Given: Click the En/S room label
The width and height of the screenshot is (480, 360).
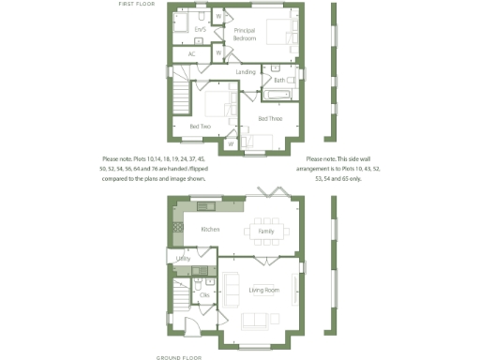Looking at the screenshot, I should [x=199, y=30].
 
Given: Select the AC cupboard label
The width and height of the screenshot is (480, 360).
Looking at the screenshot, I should [x=191, y=54].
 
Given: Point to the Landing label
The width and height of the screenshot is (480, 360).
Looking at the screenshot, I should [x=246, y=72].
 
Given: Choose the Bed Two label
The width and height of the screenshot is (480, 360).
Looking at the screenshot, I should [x=200, y=126].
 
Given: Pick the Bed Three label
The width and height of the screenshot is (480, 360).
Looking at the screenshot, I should [x=270, y=119].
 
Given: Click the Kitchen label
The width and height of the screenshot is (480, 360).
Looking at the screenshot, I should [x=210, y=230].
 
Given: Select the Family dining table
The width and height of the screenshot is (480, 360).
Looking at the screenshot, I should [x=265, y=231].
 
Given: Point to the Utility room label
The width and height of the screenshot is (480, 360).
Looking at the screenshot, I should [x=183, y=258].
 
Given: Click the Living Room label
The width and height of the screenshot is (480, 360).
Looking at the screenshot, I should [x=264, y=290].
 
